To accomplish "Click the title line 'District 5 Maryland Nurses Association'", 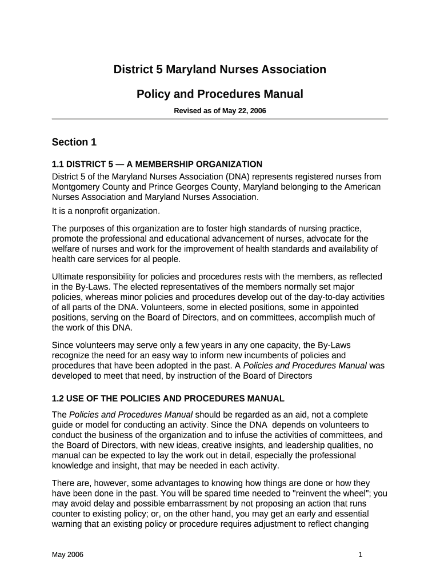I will [219, 70].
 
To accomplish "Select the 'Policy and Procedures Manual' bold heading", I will [219, 94].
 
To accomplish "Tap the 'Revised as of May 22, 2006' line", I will [219, 111].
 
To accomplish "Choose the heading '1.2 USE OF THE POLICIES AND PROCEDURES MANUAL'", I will [168, 398].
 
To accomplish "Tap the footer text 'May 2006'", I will [67, 555].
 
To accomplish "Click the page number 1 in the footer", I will [361, 555].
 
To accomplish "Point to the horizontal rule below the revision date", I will [219, 119].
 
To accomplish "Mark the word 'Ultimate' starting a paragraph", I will [69, 277].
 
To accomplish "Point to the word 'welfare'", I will [66, 249].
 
